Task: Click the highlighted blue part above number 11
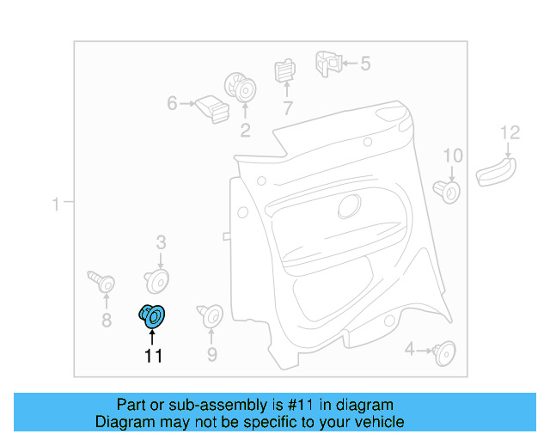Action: pyautogui.click(x=153, y=316)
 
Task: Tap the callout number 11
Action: pyautogui.click(x=153, y=356)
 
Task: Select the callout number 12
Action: pyautogui.click(x=510, y=132)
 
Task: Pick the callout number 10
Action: pyautogui.click(x=452, y=156)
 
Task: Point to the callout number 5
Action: pyautogui.click(x=364, y=63)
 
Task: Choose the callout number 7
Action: pyautogui.click(x=287, y=108)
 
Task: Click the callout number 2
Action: pyautogui.click(x=245, y=131)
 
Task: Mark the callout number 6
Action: pyautogui.click(x=172, y=103)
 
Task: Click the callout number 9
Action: pyautogui.click(x=211, y=355)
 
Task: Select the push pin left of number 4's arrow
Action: pyautogui.click(x=444, y=350)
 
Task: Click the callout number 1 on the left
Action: pyautogui.click(x=55, y=204)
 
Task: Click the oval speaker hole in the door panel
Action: pyautogui.click(x=350, y=205)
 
